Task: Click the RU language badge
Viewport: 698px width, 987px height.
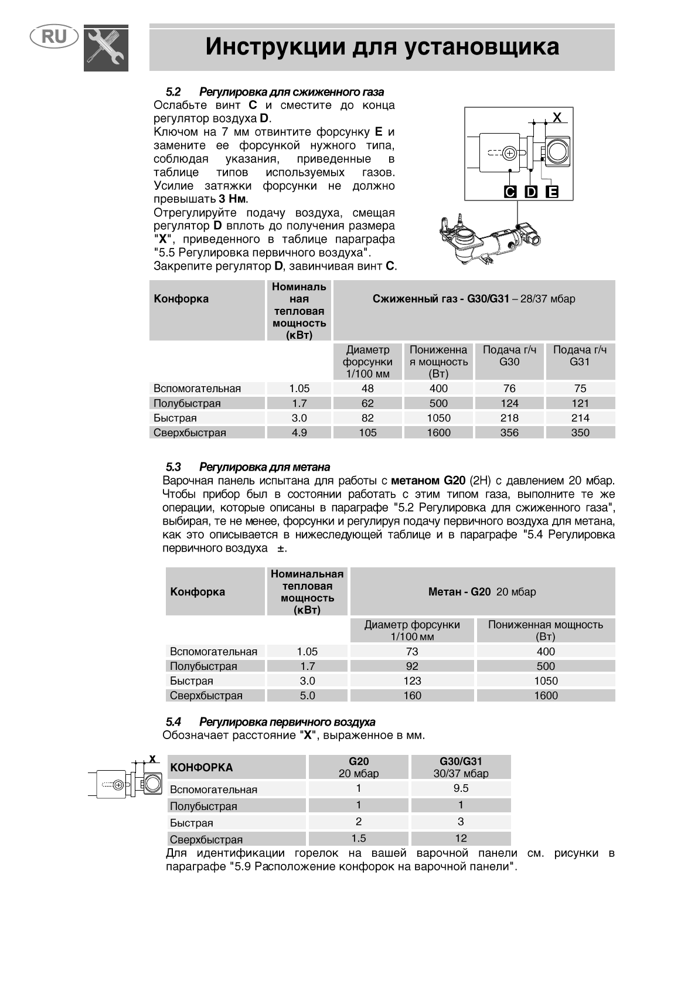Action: click(54, 38)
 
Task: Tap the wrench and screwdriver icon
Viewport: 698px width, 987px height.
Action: click(106, 49)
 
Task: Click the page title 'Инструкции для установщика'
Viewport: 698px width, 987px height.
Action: click(382, 47)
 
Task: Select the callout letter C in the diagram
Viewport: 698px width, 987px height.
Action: click(510, 192)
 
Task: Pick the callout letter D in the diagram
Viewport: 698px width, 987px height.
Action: click(531, 192)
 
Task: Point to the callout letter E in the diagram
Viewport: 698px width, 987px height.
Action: click(552, 192)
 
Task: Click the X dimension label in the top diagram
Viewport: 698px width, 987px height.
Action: click(557, 117)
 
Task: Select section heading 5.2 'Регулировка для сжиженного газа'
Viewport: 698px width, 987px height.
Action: click(275, 92)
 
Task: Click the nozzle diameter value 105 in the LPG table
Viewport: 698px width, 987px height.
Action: click(367, 433)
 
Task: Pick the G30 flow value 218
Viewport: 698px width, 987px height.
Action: click(509, 418)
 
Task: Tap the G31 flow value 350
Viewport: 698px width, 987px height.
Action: click(580, 433)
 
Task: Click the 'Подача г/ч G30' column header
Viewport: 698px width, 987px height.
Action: click(509, 356)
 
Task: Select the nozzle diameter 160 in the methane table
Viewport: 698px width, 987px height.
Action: click(412, 696)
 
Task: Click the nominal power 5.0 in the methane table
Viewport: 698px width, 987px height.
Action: click(307, 696)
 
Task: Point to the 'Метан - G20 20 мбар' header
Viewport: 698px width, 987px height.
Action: click(482, 592)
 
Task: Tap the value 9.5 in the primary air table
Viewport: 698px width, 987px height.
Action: click(461, 789)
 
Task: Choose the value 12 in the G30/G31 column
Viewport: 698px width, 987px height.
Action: click(461, 839)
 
